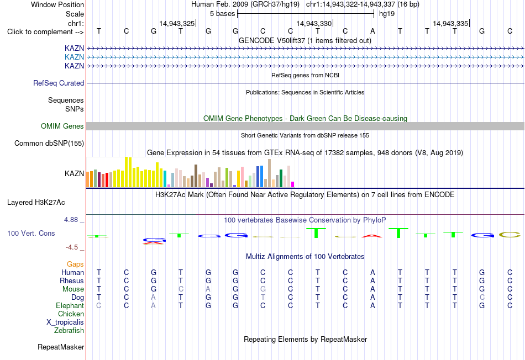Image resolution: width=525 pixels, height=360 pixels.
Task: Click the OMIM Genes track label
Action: click(62, 126)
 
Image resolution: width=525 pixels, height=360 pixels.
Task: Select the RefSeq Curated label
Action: click(59, 83)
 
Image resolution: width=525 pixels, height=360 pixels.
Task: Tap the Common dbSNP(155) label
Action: click(49, 143)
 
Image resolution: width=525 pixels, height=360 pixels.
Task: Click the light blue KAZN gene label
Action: click(75, 57)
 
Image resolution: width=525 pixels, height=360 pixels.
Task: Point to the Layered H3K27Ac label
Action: click(36, 203)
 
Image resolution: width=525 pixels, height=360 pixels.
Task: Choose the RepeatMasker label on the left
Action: click(61, 347)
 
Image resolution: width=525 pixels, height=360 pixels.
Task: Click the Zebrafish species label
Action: click(69, 330)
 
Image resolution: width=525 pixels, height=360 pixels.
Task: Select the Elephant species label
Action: click(70, 305)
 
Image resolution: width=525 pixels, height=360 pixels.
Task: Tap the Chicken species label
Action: click(71, 314)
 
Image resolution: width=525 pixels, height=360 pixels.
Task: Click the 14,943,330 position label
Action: click(314, 23)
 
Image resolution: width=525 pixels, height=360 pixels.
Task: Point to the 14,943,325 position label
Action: click(177, 23)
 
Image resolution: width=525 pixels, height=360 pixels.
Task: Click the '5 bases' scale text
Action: click(222, 14)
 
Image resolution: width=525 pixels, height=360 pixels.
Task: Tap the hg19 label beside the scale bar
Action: click(387, 14)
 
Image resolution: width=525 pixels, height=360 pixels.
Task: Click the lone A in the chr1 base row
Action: click(372, 31)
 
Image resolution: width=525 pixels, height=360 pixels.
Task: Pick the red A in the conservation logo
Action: click(372, 236)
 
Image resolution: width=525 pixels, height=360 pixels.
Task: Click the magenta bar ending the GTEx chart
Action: click(293, 184)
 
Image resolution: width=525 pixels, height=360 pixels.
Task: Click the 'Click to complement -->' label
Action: click(45, 32)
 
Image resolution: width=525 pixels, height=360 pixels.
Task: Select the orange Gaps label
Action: click(75, 264)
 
